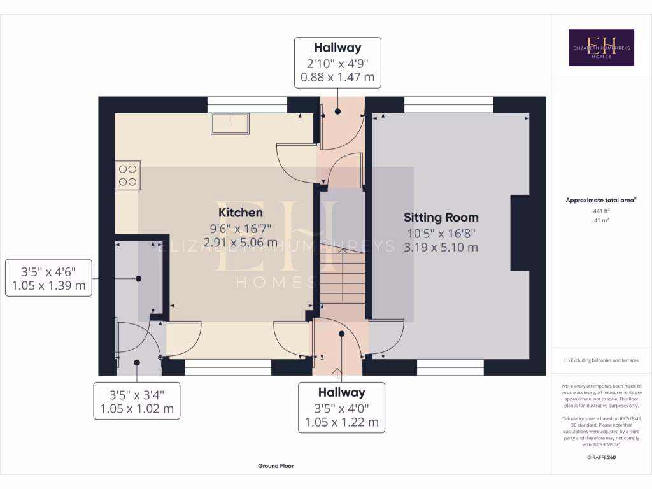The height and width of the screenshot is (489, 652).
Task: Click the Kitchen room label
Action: point(241,212)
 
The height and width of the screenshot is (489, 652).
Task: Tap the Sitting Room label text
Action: point(441,218)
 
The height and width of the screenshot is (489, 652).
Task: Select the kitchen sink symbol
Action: point(230,124)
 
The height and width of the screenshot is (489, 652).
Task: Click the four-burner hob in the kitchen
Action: point(128,175)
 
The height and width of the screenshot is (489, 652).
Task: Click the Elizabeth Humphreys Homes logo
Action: point(601,48)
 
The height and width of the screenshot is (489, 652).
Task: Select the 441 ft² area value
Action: point(601,210)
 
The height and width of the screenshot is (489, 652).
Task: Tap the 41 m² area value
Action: point(601,220)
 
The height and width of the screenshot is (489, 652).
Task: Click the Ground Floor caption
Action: point(276,466)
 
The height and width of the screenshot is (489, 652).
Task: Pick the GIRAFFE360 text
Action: point(601,457)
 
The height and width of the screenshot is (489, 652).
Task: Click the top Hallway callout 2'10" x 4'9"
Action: point(337,62)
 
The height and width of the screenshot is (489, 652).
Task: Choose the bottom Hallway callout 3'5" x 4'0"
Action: point(342,407)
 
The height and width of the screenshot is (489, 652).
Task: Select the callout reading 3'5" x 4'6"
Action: point(48,278)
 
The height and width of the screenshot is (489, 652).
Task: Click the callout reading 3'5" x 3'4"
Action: point(137,400)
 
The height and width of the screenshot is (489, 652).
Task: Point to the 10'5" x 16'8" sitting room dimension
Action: point(441,233)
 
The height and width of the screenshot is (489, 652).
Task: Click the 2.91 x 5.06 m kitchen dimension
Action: point(241,242)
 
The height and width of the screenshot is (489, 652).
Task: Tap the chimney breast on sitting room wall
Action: point(520,233)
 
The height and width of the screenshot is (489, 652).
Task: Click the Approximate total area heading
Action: point(601,200)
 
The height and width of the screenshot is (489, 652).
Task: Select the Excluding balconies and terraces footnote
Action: point(601,360)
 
